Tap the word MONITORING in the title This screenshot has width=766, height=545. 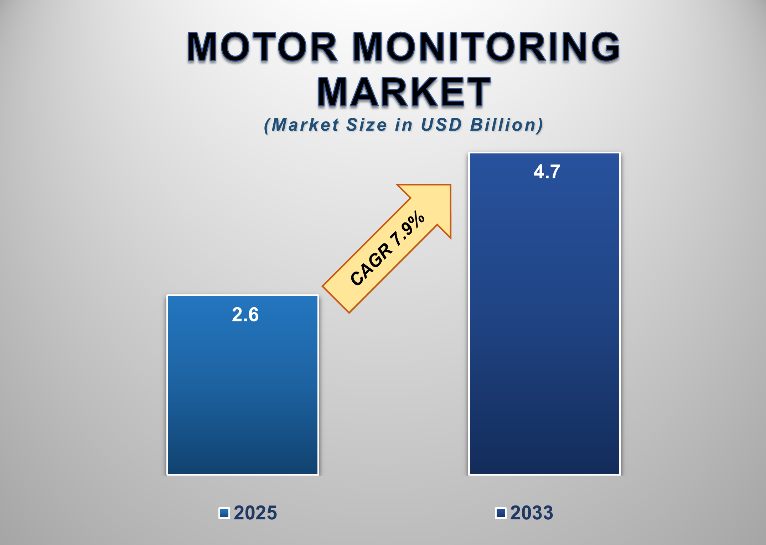coord(486,47)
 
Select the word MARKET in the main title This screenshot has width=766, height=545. coord(404,93)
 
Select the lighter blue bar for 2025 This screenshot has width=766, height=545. coord(243,392)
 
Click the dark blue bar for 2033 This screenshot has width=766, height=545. coord(544,320)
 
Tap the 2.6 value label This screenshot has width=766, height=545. coord(245,315)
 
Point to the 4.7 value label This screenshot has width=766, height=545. coord(547,172)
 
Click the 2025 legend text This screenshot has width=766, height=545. coord(255,513)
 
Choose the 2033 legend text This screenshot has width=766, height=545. coord(532,513)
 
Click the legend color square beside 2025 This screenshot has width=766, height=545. coord(224,513)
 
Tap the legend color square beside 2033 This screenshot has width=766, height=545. coord(501,513)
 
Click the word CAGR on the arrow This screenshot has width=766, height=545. coord(371,264)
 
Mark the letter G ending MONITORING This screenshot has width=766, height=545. coord(602,47)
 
